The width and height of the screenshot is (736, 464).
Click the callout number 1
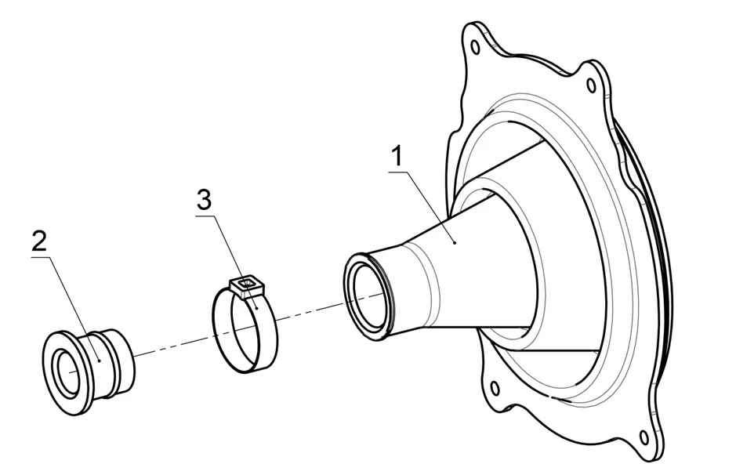(x=397, y=156)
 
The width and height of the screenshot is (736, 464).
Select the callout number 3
(x=204, y=200)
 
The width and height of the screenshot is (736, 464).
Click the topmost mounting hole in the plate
(x=474, y=47)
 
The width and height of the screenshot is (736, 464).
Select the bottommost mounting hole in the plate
(x=644, y=437)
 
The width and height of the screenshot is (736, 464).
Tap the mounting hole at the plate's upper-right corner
(x=590, y=85)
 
